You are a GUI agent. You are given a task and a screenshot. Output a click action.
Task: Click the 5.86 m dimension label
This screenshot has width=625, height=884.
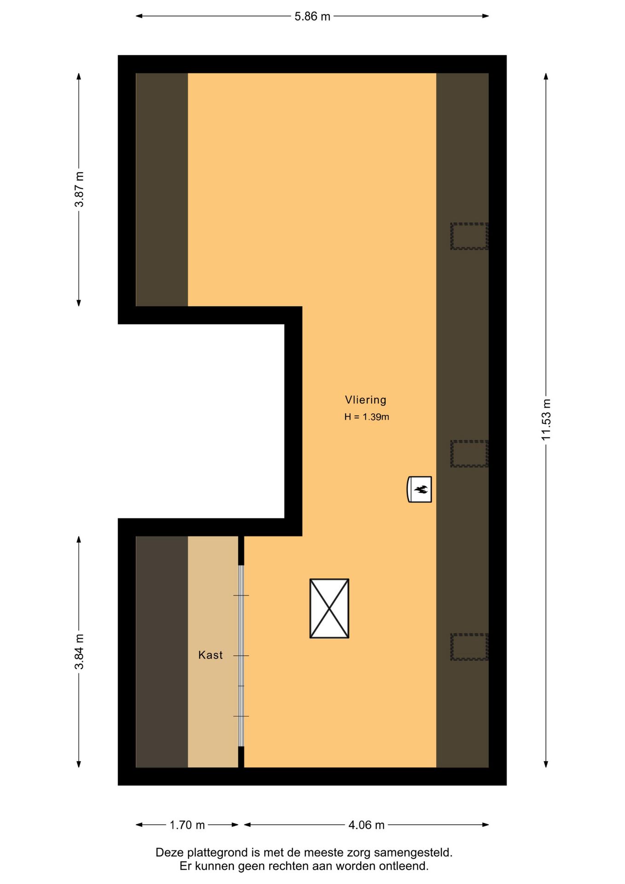coord(312,17)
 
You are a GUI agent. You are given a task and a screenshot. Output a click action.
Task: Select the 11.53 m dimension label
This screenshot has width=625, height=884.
coord(546,419)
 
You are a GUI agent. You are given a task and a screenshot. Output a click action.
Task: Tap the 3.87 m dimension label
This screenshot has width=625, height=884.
coord(79,189)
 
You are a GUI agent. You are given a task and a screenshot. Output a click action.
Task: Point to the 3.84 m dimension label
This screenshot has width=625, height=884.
coord(79,651)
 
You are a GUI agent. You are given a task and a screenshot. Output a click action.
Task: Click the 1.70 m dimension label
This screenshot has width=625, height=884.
coord(187,825)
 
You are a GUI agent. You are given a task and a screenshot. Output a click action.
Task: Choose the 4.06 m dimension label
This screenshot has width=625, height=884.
coord(366,825)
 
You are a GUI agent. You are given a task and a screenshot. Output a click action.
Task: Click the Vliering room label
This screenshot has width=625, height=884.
coord(365,400)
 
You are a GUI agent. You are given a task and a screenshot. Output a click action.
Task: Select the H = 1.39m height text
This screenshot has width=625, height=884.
coord(366,417)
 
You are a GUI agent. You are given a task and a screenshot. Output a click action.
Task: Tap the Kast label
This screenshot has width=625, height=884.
coord(210,655)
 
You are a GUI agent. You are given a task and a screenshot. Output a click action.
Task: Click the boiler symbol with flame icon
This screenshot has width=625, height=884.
coord(420,489)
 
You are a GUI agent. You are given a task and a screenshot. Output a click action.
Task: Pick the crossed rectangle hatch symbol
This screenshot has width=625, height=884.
coord(329,608)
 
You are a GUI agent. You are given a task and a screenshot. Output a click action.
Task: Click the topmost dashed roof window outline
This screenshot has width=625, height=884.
coord(469,236)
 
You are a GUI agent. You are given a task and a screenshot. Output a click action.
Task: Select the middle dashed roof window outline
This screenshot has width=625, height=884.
coord(469,454)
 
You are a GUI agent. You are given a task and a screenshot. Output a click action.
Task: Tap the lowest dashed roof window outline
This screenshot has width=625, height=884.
coord(469,647)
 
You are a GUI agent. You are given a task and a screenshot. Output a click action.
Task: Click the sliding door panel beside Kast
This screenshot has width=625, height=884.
coord(241,655)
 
